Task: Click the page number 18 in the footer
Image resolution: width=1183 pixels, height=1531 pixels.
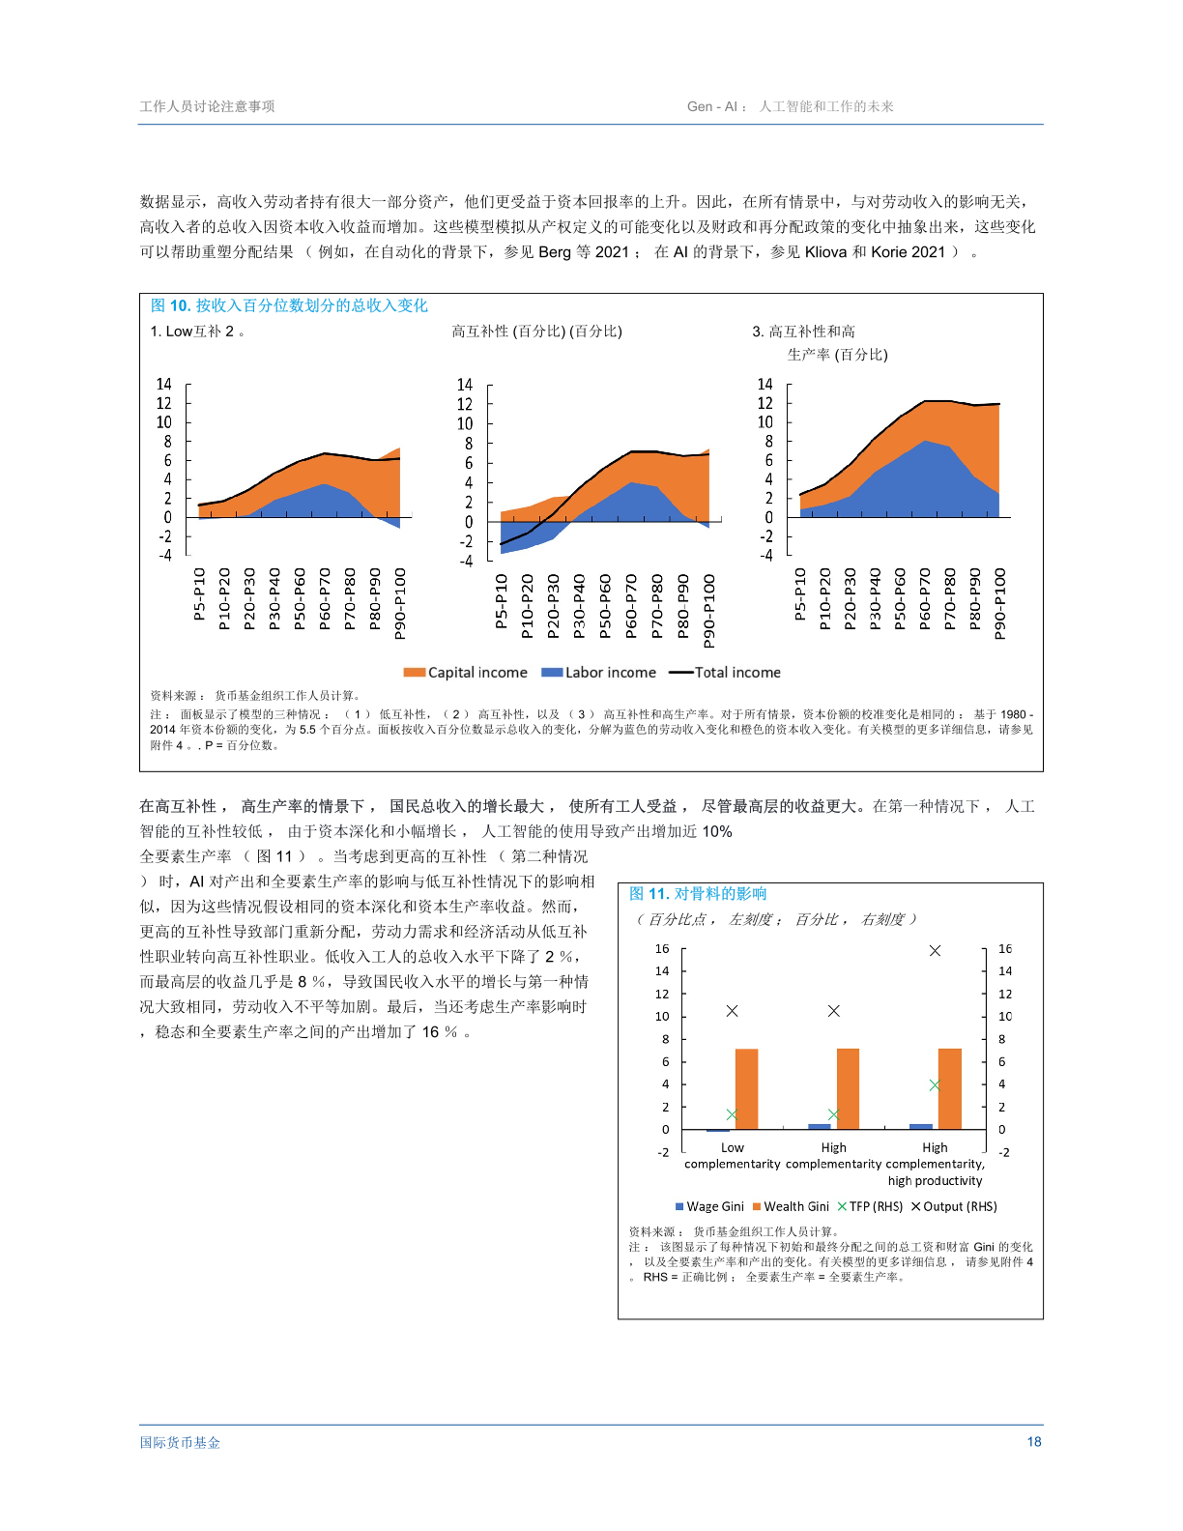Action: pyautogui.click(x=1033, y=1441)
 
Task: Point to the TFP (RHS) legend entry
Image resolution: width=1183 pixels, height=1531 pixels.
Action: pyautogui.click(x=870, y=1206)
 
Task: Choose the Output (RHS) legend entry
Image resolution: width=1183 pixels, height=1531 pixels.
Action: pyautogui.click(x=954, y=1206)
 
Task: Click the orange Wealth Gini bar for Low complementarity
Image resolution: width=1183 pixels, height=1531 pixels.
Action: pyautogui.click(x=746, y=1088)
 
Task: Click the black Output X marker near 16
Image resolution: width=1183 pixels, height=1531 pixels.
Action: pyautogui.click(x=935, y=951)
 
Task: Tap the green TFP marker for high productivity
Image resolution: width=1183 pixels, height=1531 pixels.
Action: pyautogui.click(x=935, y=1085)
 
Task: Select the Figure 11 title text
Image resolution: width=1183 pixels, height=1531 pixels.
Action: pyautogui.click(x=698, y=894)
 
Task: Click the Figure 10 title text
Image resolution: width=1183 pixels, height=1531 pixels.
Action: pyautogui.click(x=289, y=305)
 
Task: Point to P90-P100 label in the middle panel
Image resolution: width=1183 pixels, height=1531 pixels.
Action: pyautogui.click(x=709, y=611)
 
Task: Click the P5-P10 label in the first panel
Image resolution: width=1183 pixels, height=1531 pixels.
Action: pyautogui.click(x=199, y=593)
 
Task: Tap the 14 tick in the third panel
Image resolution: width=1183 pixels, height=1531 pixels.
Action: pyautogui.click(x=765, y=384)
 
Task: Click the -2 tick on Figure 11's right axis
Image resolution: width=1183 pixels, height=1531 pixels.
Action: pyautogui.click(x=1004, y=1152)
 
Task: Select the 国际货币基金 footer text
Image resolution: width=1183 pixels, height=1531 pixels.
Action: pyautogui.click(x=180, y=1442)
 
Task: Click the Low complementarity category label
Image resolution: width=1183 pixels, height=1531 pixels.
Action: pyautogui.click(x=732, y=1156)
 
